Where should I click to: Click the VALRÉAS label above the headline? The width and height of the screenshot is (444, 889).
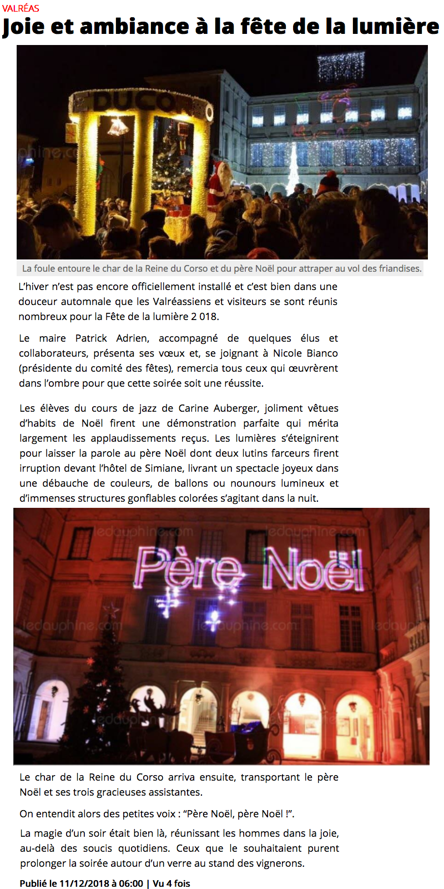(x=21, y=8)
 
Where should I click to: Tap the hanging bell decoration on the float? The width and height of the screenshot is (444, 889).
(x=118, y=127)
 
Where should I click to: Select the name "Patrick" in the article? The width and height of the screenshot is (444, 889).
(x=91, y=338)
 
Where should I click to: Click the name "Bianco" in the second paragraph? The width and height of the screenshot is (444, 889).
(x=320, y=353)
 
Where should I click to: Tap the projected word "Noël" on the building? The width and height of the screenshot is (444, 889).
(x=312, y=569)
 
